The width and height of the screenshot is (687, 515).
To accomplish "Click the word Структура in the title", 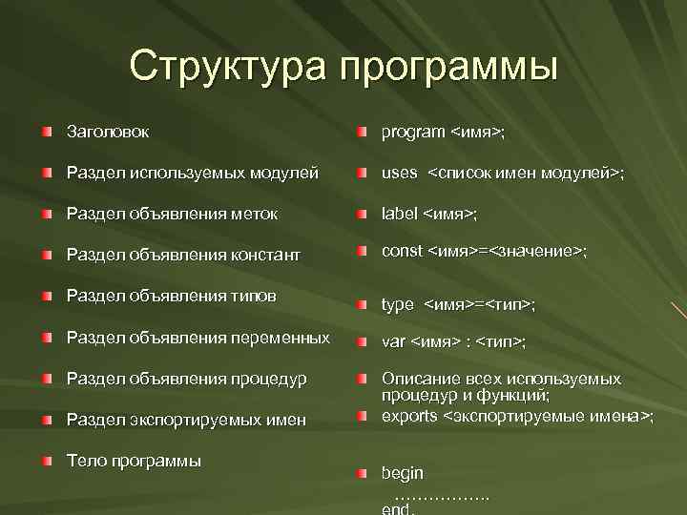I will (225, 66).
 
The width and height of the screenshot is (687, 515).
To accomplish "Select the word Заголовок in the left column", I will (108, 131).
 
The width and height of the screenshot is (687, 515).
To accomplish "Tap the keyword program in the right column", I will (413, 132).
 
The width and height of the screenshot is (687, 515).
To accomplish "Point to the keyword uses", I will (400, 174).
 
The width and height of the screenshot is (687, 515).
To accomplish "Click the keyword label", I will (399, 214).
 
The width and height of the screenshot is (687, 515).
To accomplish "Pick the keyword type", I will (398, 304).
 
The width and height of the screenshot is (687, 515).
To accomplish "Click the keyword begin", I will (403, 473).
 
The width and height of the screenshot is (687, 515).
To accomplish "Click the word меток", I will (255, 214).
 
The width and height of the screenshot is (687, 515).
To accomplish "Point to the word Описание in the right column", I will (418, 379).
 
